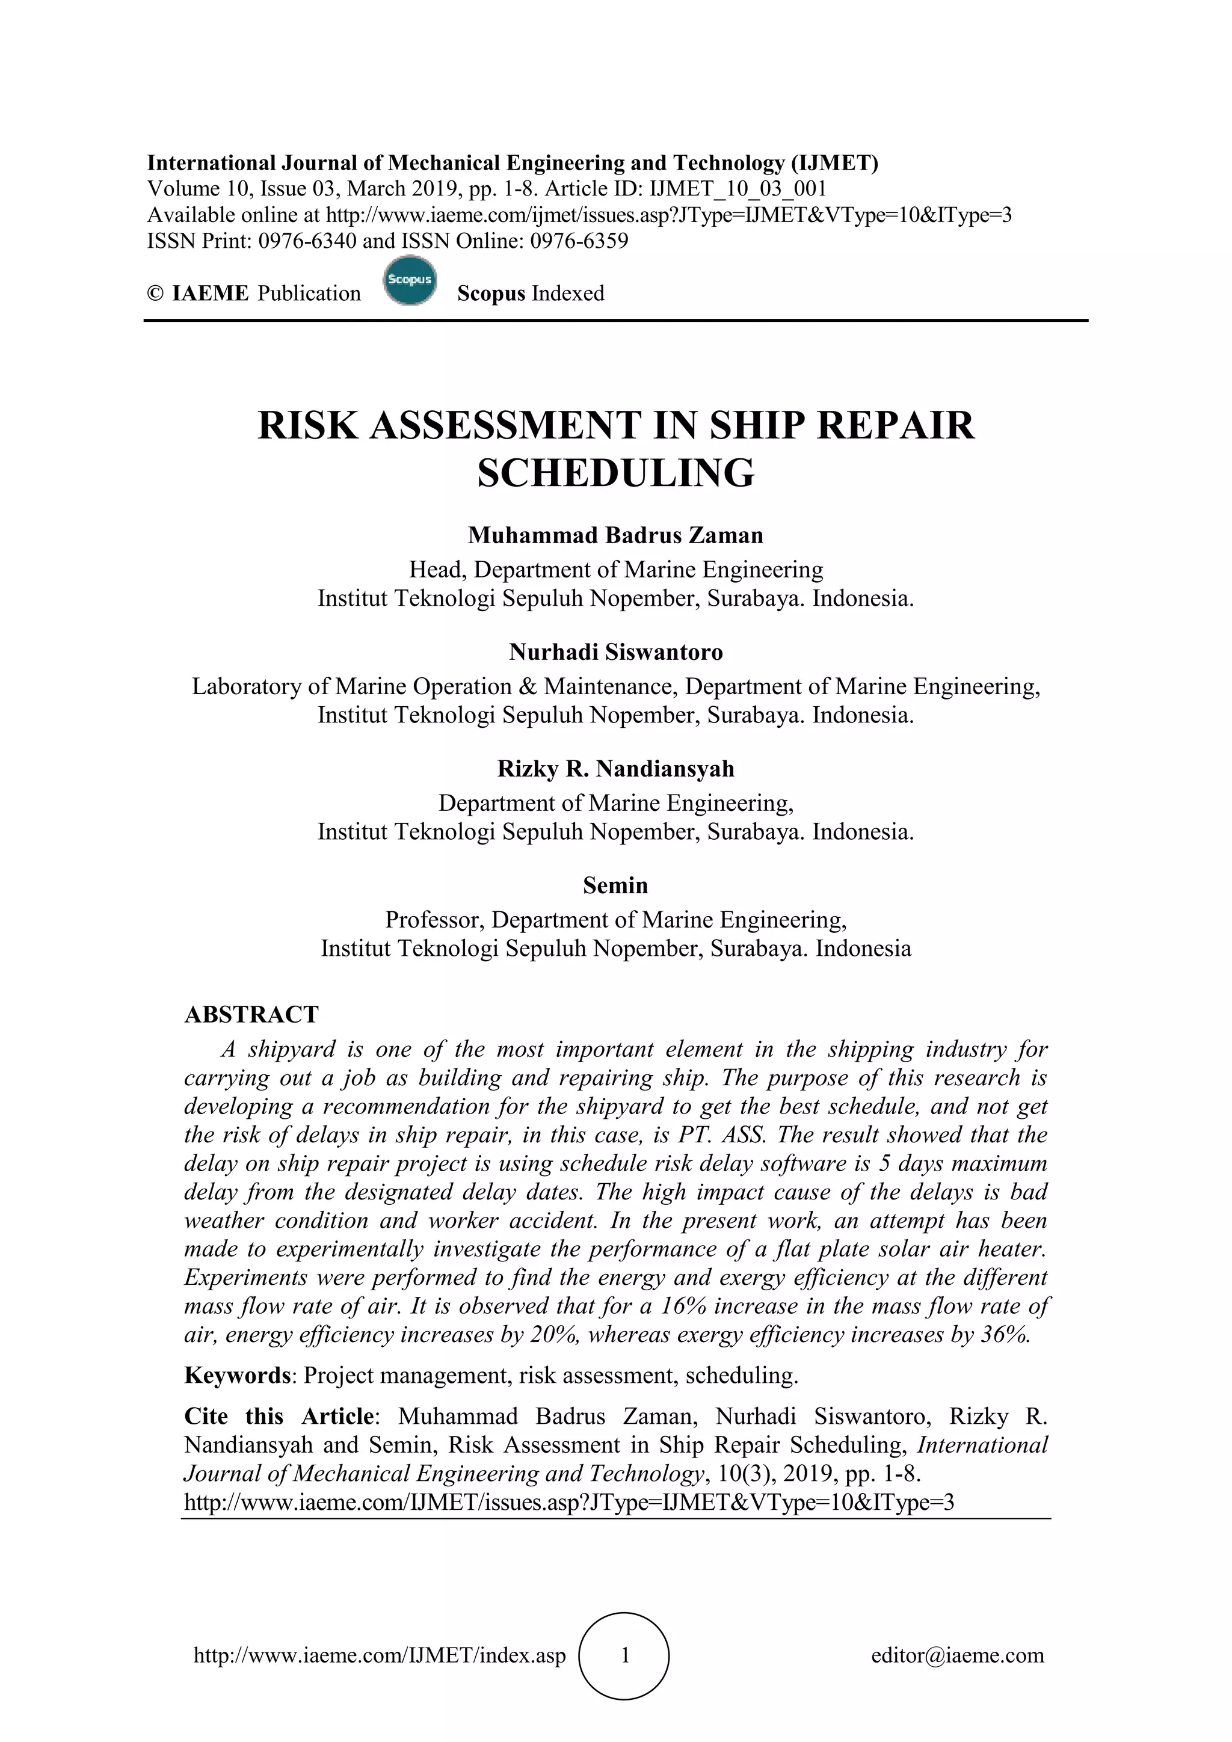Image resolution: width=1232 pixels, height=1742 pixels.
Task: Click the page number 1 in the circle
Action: tap(624, 1655)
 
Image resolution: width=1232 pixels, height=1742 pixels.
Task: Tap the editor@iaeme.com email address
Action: tap(957, 1655)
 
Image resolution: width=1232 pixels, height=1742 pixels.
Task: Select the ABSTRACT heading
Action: tap(251, 1014)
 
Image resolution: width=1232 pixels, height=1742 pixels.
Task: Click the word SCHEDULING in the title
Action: tap(616, 473)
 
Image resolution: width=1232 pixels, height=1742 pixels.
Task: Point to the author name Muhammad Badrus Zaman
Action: tap(615, 535)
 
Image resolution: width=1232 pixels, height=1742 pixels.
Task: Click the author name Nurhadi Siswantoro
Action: tap(615, 651)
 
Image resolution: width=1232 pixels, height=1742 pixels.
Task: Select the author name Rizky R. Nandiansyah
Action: tap(615, 769)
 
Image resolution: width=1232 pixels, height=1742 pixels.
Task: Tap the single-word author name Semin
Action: tap(615, 885)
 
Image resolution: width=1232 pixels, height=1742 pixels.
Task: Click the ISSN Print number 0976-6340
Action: tap(307, 241)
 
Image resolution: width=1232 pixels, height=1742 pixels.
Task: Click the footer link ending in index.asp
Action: tap(380, 1655)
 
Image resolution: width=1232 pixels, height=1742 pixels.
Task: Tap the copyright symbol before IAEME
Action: tap(156, 294)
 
